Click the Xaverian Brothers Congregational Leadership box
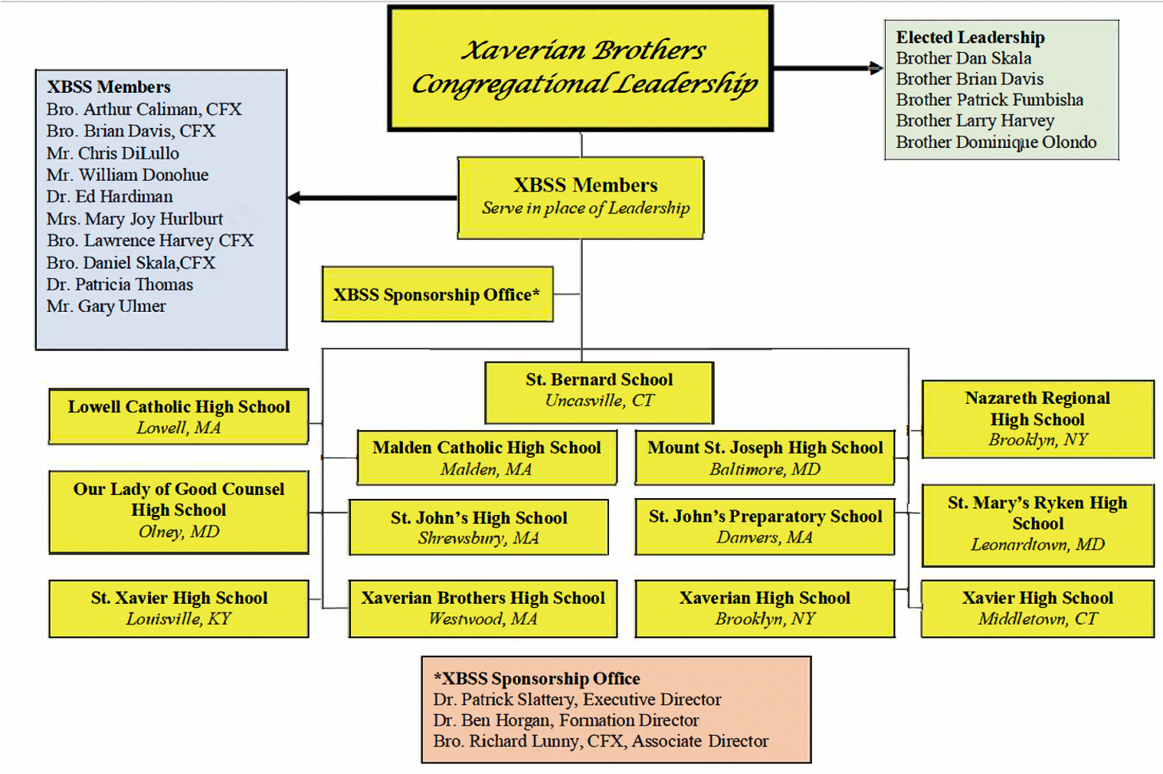click(x=580, y=68)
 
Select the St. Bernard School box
click(x=599, y=392)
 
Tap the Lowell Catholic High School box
click(x=179, y=416)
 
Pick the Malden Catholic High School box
click(x=486, y=458)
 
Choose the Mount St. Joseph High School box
click(x=765, y=458)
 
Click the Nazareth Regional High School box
click(x=1037, y=418)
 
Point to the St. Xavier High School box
click(x=179, y=608)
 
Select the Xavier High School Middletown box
click(x=1037, y=608)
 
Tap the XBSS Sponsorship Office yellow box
click(x=437, y=294)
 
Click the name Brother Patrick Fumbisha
click(x=989, y=100)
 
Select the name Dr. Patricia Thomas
click(x=120, y=284)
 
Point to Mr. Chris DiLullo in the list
click(x=113, y=153)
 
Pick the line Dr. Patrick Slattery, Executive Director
click(x=577, y=699)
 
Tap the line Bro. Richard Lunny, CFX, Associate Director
click(x=601, y=741)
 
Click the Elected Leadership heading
click(x=970, y=38)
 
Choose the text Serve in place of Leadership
click(x=585, y=208)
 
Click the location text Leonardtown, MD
click(x=1037, y=544)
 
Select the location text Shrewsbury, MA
click(x=478, y=538)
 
